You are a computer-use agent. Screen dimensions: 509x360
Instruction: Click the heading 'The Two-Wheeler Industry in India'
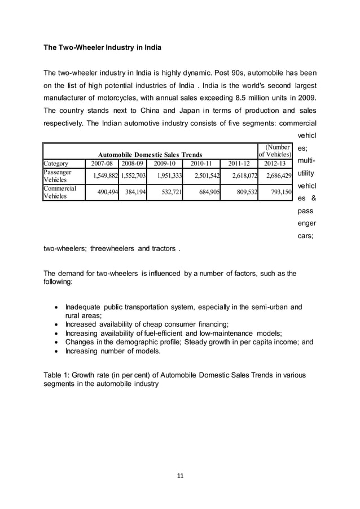pyautogui.click(x=103, y=48)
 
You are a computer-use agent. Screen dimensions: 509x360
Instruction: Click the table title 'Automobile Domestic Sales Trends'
pyautogui.click(x=150, y=155)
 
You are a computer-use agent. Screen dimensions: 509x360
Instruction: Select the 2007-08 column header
pyautogui.click(x=102, y=164)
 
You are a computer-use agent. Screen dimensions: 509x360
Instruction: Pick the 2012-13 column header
pyautogui.click(x=275, y=164)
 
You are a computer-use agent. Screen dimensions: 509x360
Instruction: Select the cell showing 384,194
pyautogui.click(x=133, y=192)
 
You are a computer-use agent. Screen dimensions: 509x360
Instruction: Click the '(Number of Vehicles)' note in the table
pyautogui.click(x=275, y=151)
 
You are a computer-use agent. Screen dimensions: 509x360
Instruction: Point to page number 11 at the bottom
pyautogui.click(x=180, y=475)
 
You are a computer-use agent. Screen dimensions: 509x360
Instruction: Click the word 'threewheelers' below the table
pyautogui.click(x=111, y=248)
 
